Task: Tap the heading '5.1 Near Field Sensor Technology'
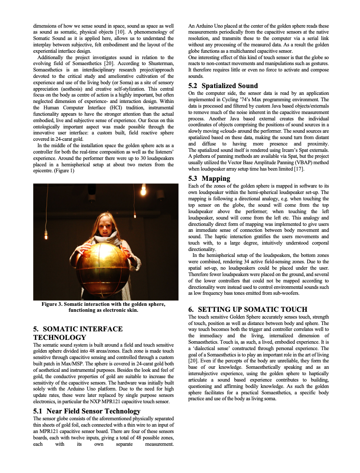pos(86,411)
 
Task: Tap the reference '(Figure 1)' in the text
pos(64,171)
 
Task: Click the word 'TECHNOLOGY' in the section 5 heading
pos(60,337)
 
